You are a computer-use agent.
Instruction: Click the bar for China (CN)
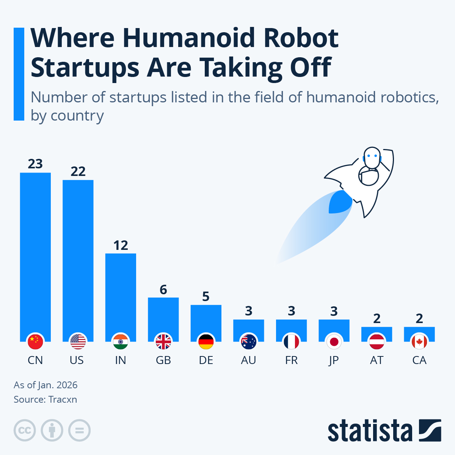point(35,254)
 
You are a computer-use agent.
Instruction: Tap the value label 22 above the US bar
point(78,171)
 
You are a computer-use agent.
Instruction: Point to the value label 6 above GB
point(163,290)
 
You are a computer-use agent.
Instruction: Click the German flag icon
point(206,342)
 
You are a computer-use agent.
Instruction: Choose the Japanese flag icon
point(334,342)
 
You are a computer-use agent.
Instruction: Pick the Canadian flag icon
point(419,342)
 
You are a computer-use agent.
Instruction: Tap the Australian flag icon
point(249,342)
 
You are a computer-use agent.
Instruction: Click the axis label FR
point(291,360)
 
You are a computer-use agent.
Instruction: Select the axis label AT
point(377,360)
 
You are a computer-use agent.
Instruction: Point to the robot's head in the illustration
point(371,157)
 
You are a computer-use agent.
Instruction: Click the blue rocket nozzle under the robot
point(340,202)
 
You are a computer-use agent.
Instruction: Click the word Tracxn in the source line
point(63,400)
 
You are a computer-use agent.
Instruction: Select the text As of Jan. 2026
point(45,385)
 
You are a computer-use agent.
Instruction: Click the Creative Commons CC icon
point(25,430)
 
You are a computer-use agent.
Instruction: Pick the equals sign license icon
point(79,430)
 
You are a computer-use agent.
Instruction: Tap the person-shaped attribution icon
point(52,430)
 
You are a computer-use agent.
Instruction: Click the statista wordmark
point(370,431)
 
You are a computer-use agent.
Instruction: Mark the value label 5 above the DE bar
point(206,297)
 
